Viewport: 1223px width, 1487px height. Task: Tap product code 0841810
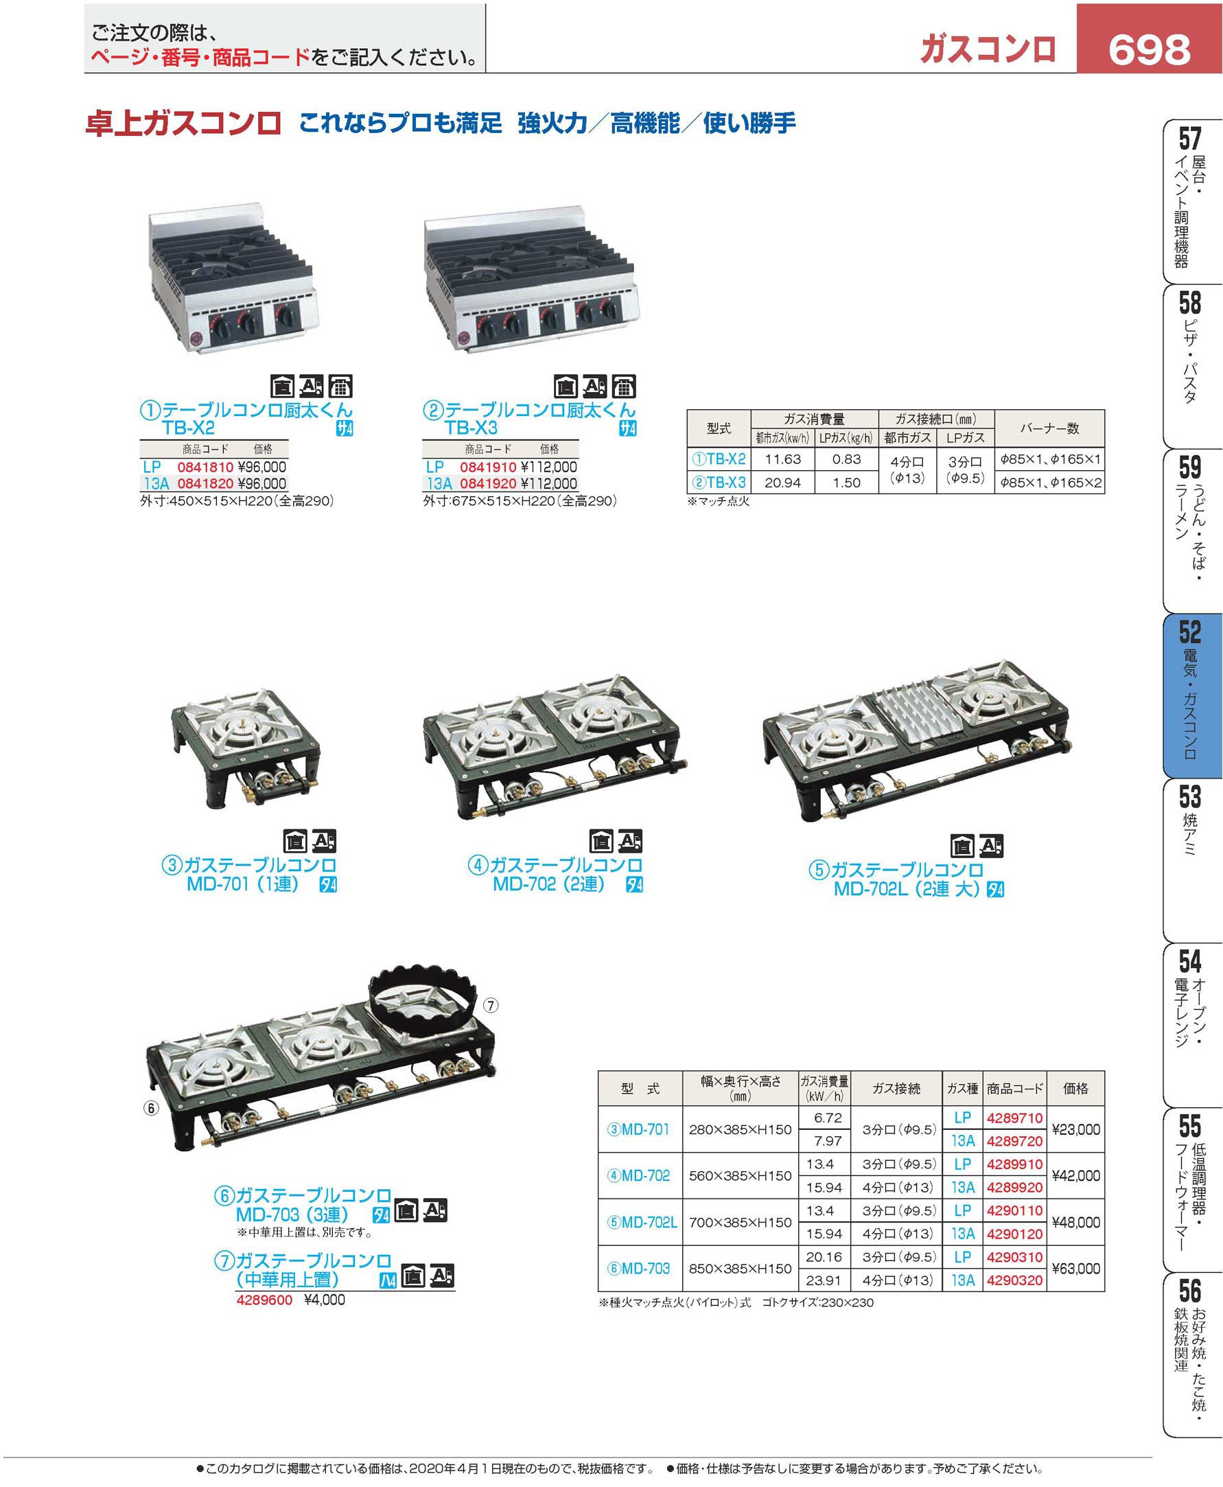[x=205, y=467]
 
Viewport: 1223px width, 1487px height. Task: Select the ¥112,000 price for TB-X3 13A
[x=549, y=483]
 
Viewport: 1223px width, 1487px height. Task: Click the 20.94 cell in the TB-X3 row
[x=782, y=482]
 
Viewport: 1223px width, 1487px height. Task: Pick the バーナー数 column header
[x=1049, y=428]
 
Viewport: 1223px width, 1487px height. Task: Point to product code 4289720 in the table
[x=1014, y=1140]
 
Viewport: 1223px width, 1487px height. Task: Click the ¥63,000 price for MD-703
[x=1075, y=1268]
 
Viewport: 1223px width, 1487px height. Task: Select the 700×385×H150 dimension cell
[x=740, y=1222]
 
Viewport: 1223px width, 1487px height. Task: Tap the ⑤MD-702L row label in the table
[x=641, y=1222]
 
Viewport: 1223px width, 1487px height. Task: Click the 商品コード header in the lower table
[x=1014, y=1088]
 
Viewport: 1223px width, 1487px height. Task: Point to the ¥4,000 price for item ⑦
[x=325, y=1300]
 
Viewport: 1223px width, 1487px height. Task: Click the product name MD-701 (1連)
[x=242, y=884]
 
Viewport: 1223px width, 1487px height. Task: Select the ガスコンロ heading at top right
[x=988, y=49]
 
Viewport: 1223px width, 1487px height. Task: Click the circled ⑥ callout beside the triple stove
[x=151, y=1108]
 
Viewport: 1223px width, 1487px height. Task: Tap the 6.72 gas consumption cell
[x=828, y=1118]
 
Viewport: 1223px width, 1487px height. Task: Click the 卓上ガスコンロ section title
[x=183, y=124]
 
